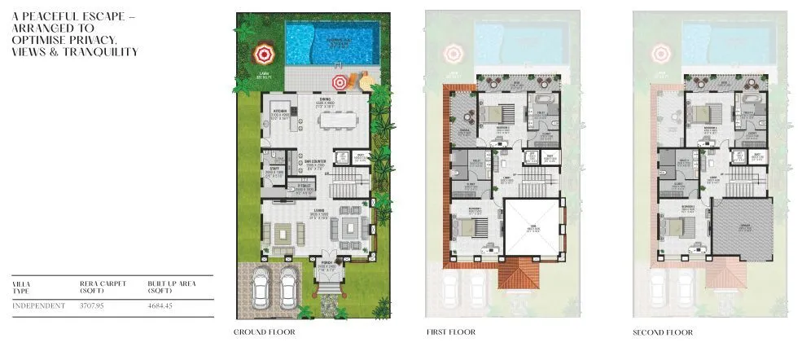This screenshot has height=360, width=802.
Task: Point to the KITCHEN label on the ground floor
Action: pyautogui.click(x=280, y=112)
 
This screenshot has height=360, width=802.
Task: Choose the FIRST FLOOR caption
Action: pyautogui.click(x=450, y=332)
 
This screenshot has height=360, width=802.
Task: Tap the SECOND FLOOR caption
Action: pyautogui.click(x=662, y=332)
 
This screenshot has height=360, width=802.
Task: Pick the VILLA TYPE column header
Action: pyautogui.click(x=21, y=287)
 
